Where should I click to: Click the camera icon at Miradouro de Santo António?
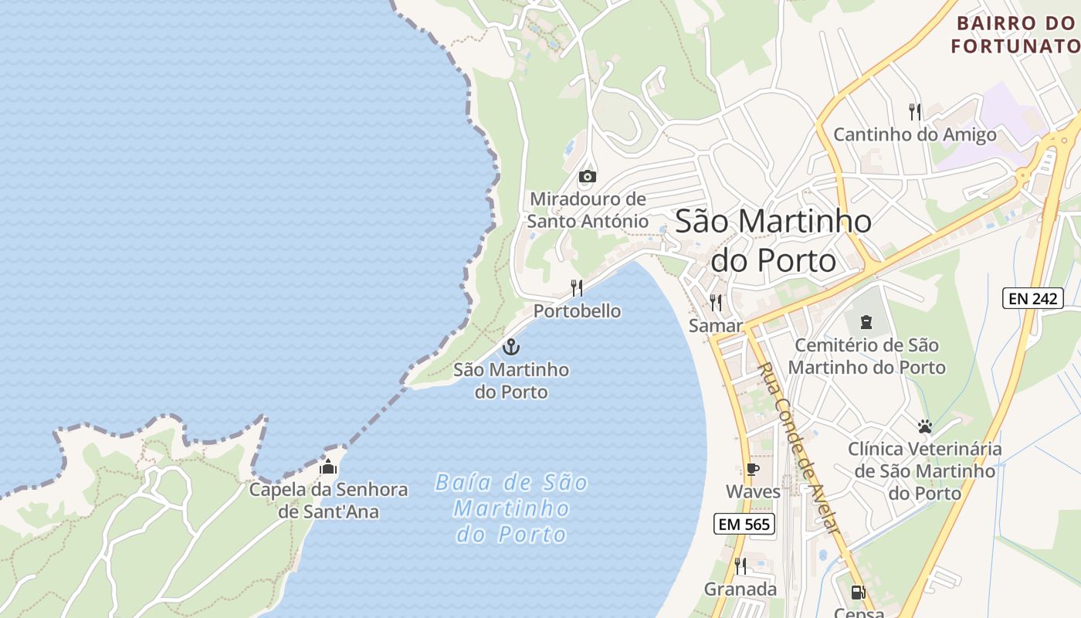(587, 177)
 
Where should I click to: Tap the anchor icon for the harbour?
(511, 347)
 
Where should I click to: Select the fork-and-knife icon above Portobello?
(577, 288)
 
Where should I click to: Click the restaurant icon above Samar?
(716, 302)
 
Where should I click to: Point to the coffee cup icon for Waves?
(753, 469)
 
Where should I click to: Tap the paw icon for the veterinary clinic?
(924, 426)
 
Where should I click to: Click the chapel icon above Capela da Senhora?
(328, 467)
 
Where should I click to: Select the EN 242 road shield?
(1032, 298)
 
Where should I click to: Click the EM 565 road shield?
(744, 524)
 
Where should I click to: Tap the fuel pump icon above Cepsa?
(857, 593)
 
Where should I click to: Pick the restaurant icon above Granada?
(740, 566)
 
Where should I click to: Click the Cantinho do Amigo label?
(914, 135)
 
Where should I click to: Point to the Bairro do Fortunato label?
(1015, 35)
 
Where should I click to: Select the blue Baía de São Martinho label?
(511, 508)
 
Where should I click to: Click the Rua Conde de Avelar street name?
(798, 447)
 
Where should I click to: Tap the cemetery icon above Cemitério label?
(866, 322)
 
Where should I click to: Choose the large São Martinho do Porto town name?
(773, 240)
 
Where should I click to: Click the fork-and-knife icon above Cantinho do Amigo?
(915, 112)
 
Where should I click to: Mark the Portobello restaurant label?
(577, 311)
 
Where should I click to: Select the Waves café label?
(753, 491)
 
